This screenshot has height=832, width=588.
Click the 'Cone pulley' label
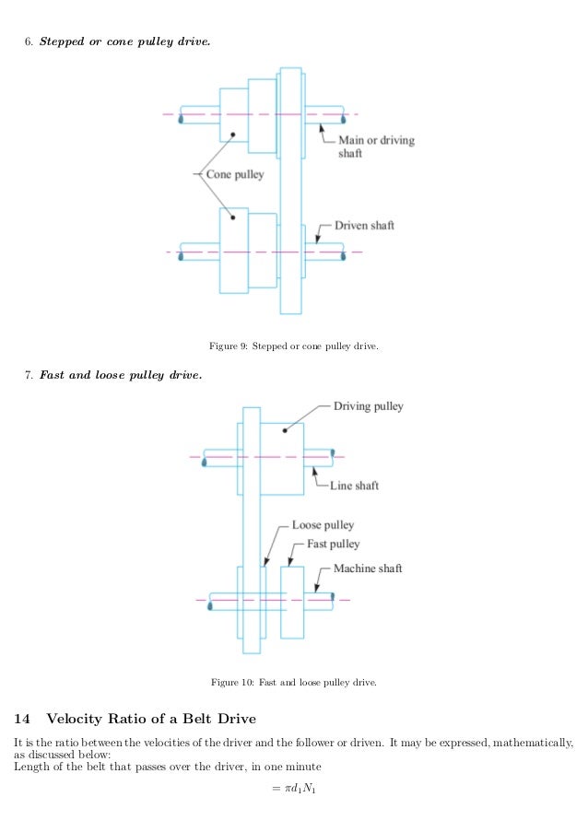point(234,174)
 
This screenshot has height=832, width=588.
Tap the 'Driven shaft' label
point(363,225)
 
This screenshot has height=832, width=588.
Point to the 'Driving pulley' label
point(368,406)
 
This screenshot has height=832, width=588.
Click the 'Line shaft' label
point(354,486)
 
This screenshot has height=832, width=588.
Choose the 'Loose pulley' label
point(323,525)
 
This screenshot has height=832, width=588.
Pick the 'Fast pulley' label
point(333,544)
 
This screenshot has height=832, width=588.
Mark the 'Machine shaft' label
point(368,568)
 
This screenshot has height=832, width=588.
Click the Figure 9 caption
point(294,346)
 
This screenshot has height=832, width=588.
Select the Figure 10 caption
point(294,683)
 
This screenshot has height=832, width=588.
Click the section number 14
point(22,719)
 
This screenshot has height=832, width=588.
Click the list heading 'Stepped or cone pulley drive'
point(124,41)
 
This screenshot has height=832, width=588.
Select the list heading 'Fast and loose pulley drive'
point(120,375)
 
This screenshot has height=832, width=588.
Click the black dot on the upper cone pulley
point(234,135)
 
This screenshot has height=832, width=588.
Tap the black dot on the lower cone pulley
point(234,217)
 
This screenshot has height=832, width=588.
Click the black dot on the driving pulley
point(286,429)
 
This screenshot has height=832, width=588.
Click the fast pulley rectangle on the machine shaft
point(292,602)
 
